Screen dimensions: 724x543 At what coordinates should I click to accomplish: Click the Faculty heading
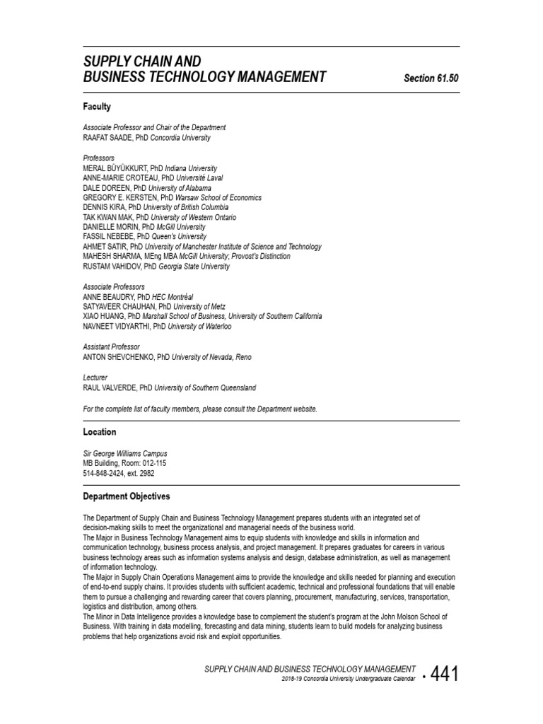click(97, 107)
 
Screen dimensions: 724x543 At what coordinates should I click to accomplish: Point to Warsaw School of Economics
click(220, 198)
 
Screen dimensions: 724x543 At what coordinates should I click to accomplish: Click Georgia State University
click(194, 267)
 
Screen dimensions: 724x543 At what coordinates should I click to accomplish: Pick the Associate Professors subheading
click(114, 287)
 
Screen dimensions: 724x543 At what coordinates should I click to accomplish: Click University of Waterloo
click(202, 327)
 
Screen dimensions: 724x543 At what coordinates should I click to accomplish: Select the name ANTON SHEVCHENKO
click(119, 357)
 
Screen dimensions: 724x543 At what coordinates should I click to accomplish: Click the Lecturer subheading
click(95, 378)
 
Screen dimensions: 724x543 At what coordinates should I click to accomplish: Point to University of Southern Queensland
click(205, 388)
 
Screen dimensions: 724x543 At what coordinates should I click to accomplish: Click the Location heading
click(100, 432)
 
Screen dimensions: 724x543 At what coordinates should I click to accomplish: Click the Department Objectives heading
click(127, 497)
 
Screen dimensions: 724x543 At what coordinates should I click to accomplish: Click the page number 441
click(444, 674)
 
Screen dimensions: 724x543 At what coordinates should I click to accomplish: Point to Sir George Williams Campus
click(125, 453)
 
